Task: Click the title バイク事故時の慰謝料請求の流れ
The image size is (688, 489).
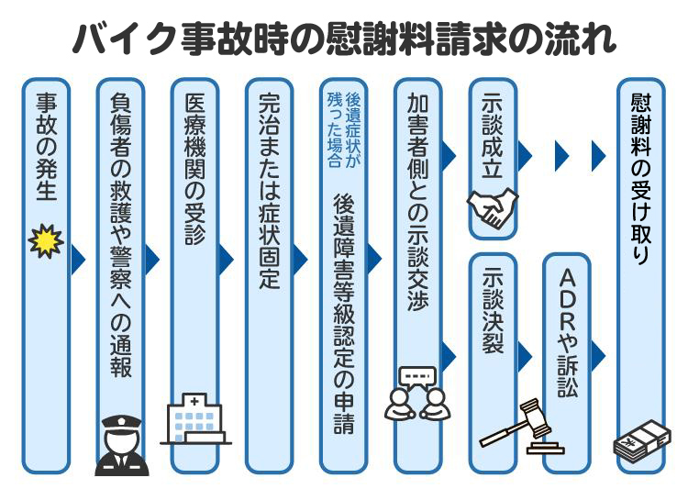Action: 344,39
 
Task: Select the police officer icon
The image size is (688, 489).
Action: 120,444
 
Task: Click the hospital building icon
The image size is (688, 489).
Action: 194,420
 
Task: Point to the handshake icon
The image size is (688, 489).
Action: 493,208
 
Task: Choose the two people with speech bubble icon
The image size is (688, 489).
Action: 417,395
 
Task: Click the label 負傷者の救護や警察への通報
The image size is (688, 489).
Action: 120,234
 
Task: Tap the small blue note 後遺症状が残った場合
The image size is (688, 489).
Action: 342,129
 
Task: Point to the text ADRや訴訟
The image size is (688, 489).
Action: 567,335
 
